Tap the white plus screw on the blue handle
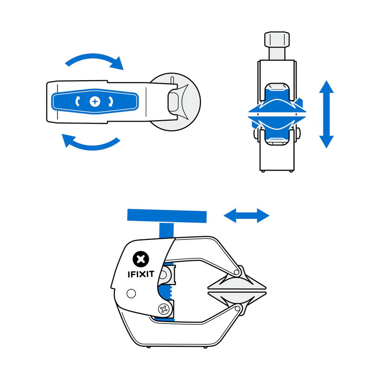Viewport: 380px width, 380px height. click(x=95, y=101)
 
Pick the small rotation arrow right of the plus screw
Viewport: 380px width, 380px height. click(x=111, y=101)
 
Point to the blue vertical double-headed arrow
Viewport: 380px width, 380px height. click(x=326, y=114)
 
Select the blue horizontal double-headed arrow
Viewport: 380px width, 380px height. click(x=247, y=216)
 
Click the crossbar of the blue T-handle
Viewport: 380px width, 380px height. click(x=167, y=216)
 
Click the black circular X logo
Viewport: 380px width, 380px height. click(x=140, y=259)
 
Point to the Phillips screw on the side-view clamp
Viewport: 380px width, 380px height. click(x=165, y=310)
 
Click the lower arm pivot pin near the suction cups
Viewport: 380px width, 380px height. click(x=238, y=309)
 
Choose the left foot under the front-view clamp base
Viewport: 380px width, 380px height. click(x=264, y=171)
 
